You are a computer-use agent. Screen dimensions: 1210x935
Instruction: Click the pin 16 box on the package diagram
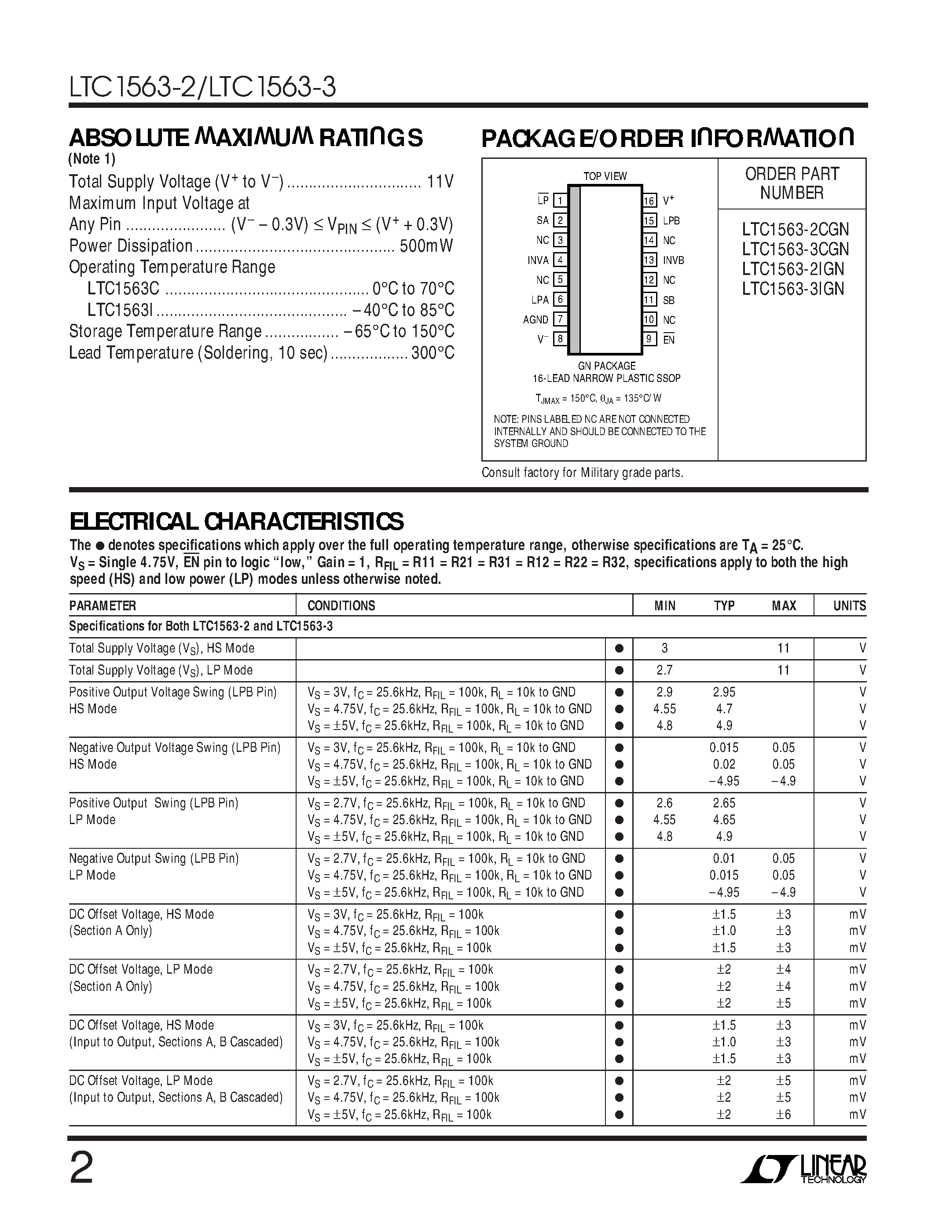(x=649, y=201)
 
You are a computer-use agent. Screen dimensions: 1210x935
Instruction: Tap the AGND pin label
(x=535, y=320)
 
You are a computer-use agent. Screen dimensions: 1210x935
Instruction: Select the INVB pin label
(x=674, y=260)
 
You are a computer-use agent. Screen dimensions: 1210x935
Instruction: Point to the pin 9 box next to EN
(x=649, y=339)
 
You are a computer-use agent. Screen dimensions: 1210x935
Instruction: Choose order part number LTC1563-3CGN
(x=795, y=249)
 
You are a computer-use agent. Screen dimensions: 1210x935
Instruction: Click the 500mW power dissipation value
(x=426, y=246)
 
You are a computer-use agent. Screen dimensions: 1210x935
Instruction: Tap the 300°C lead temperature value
(x=433, y=353)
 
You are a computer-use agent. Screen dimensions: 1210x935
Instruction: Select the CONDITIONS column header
(x=341, y=605)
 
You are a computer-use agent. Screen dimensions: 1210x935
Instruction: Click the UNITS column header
(x=849, y=605)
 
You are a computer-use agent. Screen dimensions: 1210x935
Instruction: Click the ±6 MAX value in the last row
(x=783, y=1114)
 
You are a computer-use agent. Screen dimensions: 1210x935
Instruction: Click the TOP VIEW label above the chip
(x=605, y=176)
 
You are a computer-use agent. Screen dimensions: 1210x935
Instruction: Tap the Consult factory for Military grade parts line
(x=582, y=473)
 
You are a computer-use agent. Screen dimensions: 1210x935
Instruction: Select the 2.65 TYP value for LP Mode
(x=724, y=803)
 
